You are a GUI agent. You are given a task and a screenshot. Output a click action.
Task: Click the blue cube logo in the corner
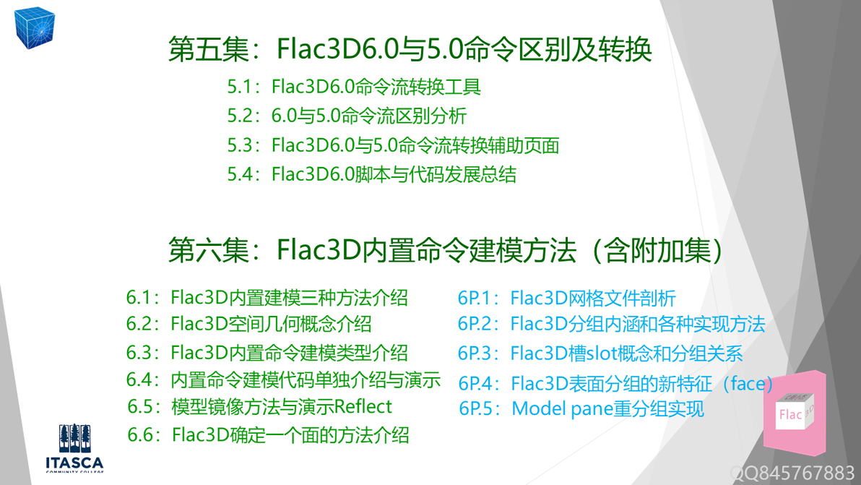point(35,26)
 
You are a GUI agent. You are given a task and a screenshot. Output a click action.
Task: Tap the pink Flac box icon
point(795,414)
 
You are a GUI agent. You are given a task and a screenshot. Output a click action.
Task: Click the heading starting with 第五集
point(410,49)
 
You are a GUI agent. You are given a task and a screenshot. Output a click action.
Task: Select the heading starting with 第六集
point(446,250)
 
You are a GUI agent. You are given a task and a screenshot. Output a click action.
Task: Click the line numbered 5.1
point(354,87)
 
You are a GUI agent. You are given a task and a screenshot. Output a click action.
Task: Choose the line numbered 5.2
point(347,116)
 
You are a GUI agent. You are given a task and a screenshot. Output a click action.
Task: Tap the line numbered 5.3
point(393,145)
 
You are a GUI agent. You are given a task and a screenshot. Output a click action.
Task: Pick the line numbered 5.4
point(371,174)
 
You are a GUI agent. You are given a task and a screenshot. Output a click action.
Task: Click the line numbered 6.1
point(267,297)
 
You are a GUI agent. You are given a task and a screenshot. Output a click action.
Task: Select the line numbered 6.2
point(248,324)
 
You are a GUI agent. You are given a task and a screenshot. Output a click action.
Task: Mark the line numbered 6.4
point(283,379)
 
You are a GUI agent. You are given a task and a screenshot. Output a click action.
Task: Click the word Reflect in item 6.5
point(363,406)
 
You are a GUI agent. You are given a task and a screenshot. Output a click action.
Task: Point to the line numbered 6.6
point(268,434)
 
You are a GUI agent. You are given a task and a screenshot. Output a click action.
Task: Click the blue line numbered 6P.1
point(566,298)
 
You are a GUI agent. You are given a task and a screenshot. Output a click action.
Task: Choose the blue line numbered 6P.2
point(611,324)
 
